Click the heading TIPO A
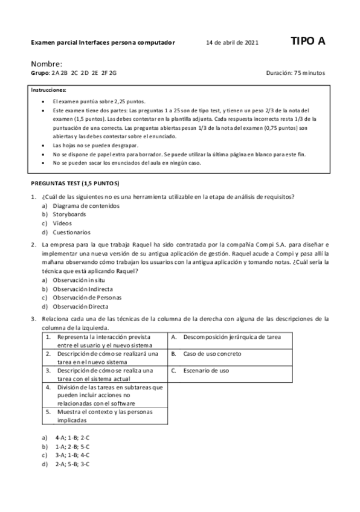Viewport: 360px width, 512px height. pos(307,41)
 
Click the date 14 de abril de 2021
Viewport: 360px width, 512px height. pos(232,43)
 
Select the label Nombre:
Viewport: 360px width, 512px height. pos(47,63)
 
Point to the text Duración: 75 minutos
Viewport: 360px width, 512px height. pos(295,73)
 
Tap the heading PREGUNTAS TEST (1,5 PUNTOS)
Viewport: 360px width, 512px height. pos(75,183)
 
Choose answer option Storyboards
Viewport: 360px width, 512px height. pos(69,214)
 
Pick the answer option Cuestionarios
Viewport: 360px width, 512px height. pos(71,232)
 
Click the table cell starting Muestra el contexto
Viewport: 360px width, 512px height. pos(104,416)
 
